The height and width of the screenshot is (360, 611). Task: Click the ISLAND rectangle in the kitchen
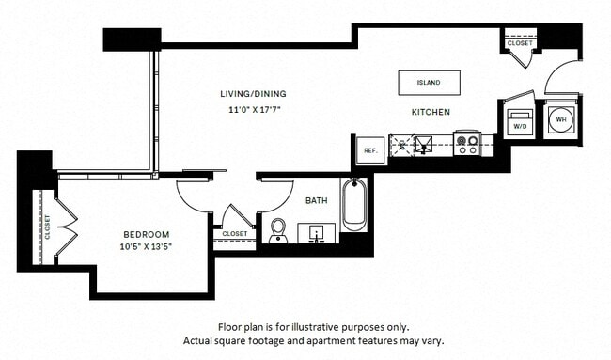(429, 82)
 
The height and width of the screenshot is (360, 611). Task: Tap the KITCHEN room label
(431, 112)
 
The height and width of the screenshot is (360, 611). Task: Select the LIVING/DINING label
(253, 94)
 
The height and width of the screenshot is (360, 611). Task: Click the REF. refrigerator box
(369, 150)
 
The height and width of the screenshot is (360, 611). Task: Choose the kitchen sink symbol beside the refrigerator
(412, 145)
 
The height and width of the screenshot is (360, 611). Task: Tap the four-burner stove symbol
(467, 144)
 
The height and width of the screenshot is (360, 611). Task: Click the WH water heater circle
(562, 119)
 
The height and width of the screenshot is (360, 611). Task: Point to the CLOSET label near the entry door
(519, 43)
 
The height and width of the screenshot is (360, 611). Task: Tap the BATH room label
(316, 199)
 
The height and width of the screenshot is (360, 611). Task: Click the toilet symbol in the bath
(278, 230)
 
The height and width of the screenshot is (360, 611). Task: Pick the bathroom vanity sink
(316, 232)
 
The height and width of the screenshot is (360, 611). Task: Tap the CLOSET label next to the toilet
(235, 233)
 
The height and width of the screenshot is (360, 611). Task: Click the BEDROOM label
(147, 234)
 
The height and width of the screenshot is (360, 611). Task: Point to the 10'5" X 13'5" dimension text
(147, 248)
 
